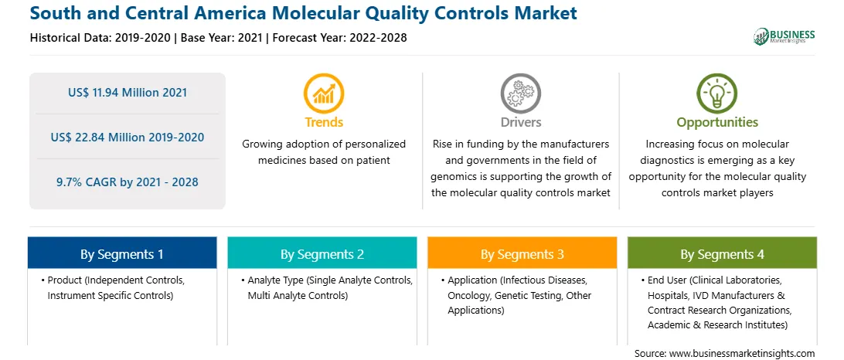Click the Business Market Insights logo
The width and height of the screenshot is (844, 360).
point(784,36)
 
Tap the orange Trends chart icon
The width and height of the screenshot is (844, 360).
point(324,93)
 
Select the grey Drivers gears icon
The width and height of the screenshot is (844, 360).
point(520,93)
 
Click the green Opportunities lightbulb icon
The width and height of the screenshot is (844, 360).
point(717,93)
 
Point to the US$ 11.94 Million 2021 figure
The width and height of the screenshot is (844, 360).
point(128,93)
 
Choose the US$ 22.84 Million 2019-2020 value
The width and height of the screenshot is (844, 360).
point(128,138)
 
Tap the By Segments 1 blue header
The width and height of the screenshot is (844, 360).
point(122,253)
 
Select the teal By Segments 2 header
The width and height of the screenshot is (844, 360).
point(322,253)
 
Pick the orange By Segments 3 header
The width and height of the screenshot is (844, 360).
point(522,253)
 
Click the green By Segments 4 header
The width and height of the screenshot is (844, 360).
point(723,253)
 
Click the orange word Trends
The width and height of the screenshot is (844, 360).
point(324,122)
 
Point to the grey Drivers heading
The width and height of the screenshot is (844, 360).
point(521,122)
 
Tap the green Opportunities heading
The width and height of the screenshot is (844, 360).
point(717,122)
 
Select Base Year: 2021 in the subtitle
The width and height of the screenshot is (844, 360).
point(222,38)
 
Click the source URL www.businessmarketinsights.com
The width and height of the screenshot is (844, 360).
point(744,353)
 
